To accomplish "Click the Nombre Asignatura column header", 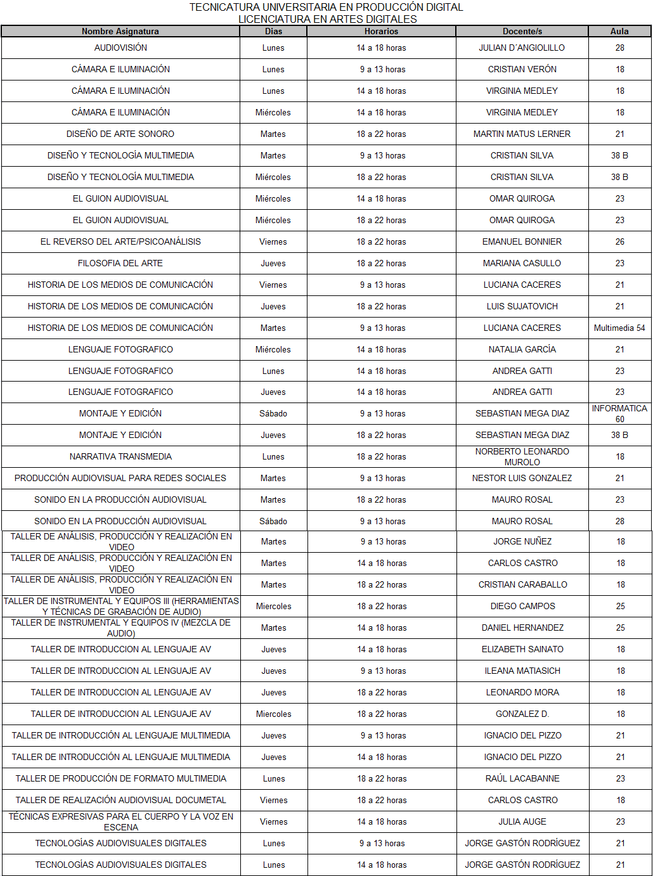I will [120, 31].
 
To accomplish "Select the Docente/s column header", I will [522, 31].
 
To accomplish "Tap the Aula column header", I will [619, 31].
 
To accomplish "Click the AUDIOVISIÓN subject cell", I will [120, 48].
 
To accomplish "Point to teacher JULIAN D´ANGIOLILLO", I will [522, 48].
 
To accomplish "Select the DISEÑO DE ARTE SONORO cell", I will [120, 134].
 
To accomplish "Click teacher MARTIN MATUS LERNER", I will [522, 134].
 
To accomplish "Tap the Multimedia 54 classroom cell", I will [619, 328].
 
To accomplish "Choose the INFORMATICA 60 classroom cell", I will [619, 413].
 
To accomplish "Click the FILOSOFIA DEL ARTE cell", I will [120, 263].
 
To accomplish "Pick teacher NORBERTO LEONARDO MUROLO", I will [522, 456].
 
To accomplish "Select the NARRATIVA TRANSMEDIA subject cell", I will [120, 456].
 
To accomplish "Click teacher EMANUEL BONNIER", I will [522, 242].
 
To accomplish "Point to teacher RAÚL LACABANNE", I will [522, 778].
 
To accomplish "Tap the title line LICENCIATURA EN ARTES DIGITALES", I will [327, 19].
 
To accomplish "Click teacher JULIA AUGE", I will [522, 821].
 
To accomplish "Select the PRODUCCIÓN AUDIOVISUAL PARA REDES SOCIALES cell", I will [120, 478].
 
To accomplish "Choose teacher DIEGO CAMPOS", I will [522, 606].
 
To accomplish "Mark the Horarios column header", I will [381, 31].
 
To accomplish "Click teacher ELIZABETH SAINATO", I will [522, 649].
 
